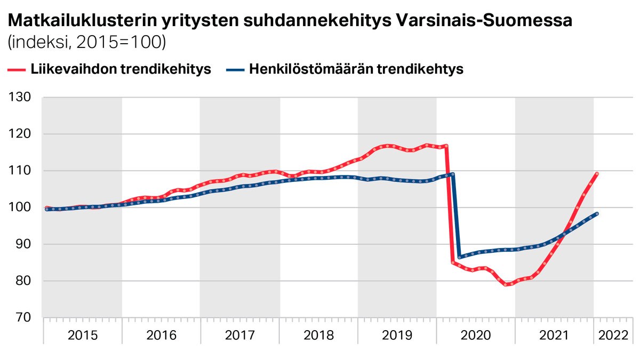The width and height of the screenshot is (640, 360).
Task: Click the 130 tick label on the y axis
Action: (20, 98)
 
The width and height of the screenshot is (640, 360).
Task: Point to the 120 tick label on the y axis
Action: (20, 134)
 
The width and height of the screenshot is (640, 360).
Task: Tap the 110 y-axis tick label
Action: (20, 171)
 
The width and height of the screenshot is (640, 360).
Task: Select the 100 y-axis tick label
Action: (20, 208)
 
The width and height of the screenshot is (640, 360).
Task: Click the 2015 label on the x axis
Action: (83, 335)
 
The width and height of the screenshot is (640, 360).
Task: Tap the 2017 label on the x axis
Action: (240, 335)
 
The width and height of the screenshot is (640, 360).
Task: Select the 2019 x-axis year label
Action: (397, 335)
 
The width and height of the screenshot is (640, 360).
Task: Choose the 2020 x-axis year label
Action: (476, 335)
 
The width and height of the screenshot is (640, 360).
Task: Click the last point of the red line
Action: (597, 174)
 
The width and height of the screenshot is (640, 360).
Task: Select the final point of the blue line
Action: (597, 214)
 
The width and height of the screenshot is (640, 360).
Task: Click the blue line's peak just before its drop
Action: (452, 174)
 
